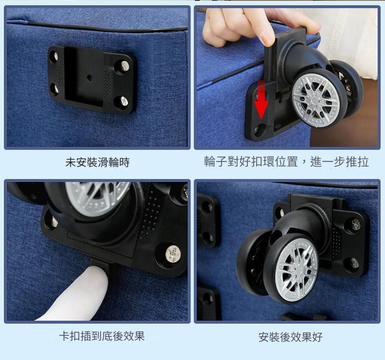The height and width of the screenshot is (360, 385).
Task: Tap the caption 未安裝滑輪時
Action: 97,163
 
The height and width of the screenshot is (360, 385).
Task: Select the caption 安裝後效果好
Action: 291,337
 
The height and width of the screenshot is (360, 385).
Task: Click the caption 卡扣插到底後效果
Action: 102,336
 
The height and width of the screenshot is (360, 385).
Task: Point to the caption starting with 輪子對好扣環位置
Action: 286,162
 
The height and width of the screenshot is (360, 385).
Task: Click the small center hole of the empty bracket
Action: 89,78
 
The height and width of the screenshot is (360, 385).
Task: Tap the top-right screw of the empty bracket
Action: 125,66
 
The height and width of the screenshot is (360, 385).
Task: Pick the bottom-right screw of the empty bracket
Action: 124,101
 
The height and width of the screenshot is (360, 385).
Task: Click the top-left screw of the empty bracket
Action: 56,56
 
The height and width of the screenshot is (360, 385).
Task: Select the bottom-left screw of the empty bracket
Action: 56,89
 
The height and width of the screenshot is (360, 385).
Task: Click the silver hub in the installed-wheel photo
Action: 297,270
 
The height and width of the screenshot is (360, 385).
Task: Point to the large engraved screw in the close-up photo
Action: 172,254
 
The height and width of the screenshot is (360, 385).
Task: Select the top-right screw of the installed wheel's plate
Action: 355,223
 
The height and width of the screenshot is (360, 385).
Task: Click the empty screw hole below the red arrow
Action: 260,129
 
